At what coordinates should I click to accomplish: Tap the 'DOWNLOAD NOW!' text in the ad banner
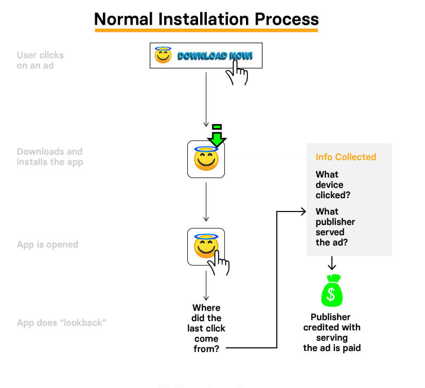215,56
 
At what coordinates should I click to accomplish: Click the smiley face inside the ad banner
163,55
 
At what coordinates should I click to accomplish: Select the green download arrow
217,135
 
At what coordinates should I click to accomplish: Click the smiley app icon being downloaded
206,160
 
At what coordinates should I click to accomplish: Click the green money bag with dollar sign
332,291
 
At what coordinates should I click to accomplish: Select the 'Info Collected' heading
346,157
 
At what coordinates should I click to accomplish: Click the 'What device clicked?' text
330,185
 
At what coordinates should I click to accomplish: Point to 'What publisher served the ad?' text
335,226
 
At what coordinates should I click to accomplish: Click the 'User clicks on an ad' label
40,60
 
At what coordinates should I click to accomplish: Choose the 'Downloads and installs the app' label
49,156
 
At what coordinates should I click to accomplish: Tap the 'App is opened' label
47,244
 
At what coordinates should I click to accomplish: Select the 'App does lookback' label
61,323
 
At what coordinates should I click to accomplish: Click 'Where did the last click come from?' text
206,328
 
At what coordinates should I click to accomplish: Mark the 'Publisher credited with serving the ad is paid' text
332,332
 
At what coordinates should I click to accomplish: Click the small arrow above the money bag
332,263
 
